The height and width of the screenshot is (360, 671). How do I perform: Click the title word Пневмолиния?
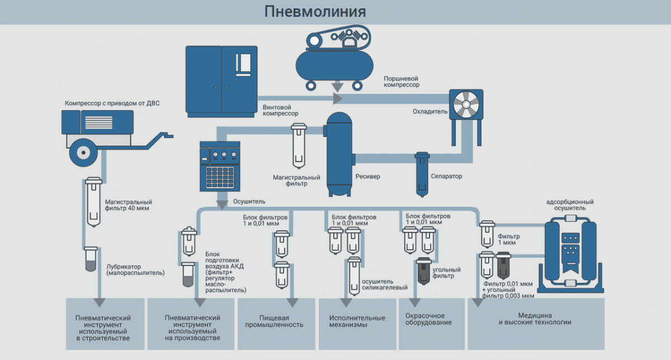(315, 12)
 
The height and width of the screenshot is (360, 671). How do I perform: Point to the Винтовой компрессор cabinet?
(221, 80)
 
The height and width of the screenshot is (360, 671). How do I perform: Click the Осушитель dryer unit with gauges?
(220, 166)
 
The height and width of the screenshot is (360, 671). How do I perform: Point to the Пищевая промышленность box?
(277, 323)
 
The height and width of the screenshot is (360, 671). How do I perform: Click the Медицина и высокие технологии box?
(536, 323)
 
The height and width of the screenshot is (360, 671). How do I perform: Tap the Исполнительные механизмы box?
(357, 323)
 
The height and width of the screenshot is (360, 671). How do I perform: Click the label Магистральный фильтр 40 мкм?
(129, 206)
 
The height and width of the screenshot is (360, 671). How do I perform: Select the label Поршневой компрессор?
(401, 82)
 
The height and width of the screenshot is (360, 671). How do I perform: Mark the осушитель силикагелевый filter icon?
(354, 276)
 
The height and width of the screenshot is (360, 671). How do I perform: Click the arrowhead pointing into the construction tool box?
(99, 302)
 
